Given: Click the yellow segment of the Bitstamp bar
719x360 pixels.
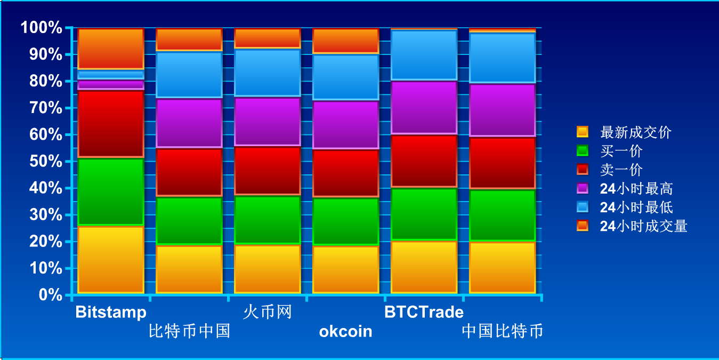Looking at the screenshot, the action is pos(111,260).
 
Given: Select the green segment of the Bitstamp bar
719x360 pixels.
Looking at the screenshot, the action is pos(111,191).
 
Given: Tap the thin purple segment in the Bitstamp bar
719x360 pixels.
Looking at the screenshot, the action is pos(111,84).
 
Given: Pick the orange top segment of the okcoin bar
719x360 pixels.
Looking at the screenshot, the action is pos(346,41).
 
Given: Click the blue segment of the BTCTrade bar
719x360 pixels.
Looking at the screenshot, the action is pos(424,55).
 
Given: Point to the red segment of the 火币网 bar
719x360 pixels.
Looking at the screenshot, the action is pos(268,171).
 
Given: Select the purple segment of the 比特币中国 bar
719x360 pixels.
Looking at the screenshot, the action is pos(189,123).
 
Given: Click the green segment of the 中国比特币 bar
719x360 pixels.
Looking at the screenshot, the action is pos(502,215).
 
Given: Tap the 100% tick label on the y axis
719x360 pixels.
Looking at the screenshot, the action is pos(41,27).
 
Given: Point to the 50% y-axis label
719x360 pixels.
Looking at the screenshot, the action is pos(46,161).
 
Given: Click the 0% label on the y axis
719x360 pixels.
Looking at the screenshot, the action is pos(51,294).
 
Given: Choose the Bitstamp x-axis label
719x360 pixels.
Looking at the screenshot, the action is pos(111,313).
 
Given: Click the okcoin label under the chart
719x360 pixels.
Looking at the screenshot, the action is pos(346,331).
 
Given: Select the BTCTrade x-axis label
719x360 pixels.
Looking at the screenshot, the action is pos(424,312).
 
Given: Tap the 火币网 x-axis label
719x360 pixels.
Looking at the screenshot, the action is pos(268,312).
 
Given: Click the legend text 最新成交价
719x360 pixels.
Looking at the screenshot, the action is pos(635,132).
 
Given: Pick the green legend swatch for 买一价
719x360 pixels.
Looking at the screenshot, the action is pos(583,150).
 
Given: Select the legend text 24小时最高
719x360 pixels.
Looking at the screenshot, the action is pos(636,188).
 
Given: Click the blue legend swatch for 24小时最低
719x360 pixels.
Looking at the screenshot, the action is pos(583,207).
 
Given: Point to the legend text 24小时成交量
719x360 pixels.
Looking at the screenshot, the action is pos(643,226).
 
